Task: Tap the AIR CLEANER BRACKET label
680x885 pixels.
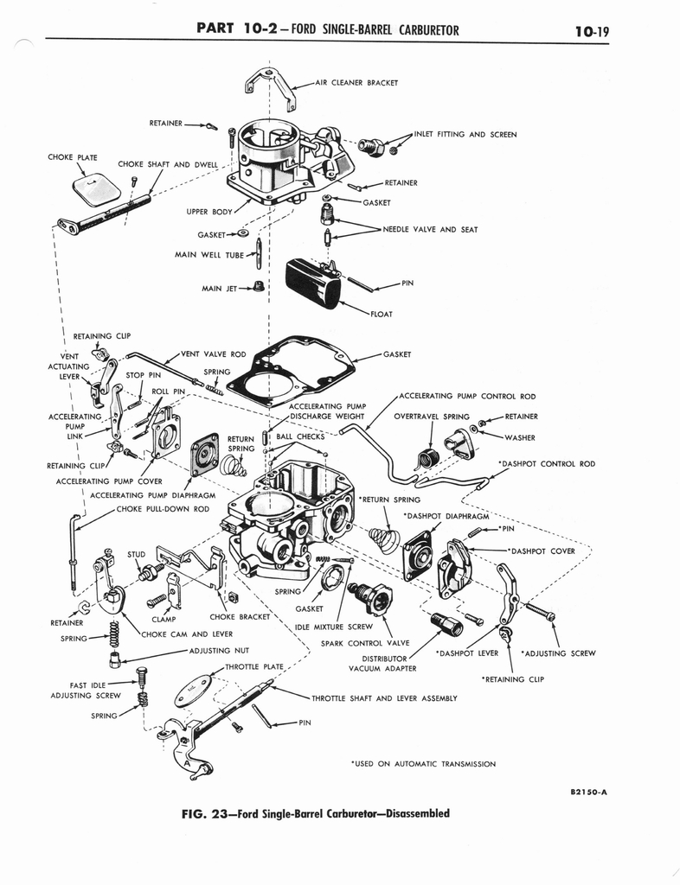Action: coord(356,84)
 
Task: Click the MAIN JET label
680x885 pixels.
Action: coord(219,289)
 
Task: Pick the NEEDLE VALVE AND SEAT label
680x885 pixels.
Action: coord(430,230)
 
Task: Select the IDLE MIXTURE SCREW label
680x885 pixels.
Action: coord(333,627)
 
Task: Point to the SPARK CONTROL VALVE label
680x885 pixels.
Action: coord(353,643)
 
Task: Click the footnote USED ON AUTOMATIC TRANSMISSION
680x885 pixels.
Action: coord(423,764)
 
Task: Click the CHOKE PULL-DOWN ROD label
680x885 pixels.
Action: coord(163,509)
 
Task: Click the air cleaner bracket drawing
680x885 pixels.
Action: coord(270,85)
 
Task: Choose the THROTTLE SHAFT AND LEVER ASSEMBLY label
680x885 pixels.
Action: coord(384,697)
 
